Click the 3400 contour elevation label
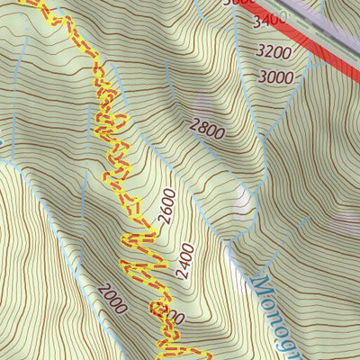pos(267,19)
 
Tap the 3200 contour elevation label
pos(273,51)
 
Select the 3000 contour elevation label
pos(275,77)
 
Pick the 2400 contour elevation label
pos(186,260)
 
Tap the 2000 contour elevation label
pos(112,298)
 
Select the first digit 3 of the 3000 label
pos(262,77)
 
